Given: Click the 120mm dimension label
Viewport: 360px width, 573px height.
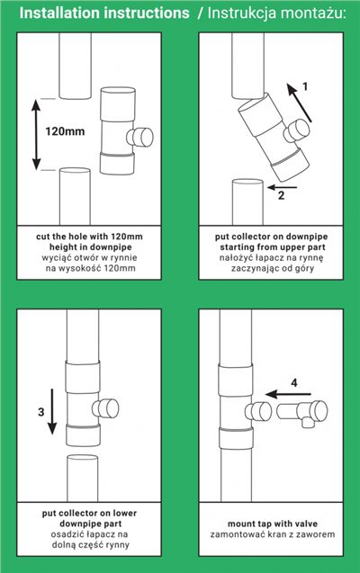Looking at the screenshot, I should (64, 130).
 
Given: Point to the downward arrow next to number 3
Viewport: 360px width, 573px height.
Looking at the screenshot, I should (52, 411).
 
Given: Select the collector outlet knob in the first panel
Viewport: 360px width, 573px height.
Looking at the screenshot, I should (140, 137).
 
